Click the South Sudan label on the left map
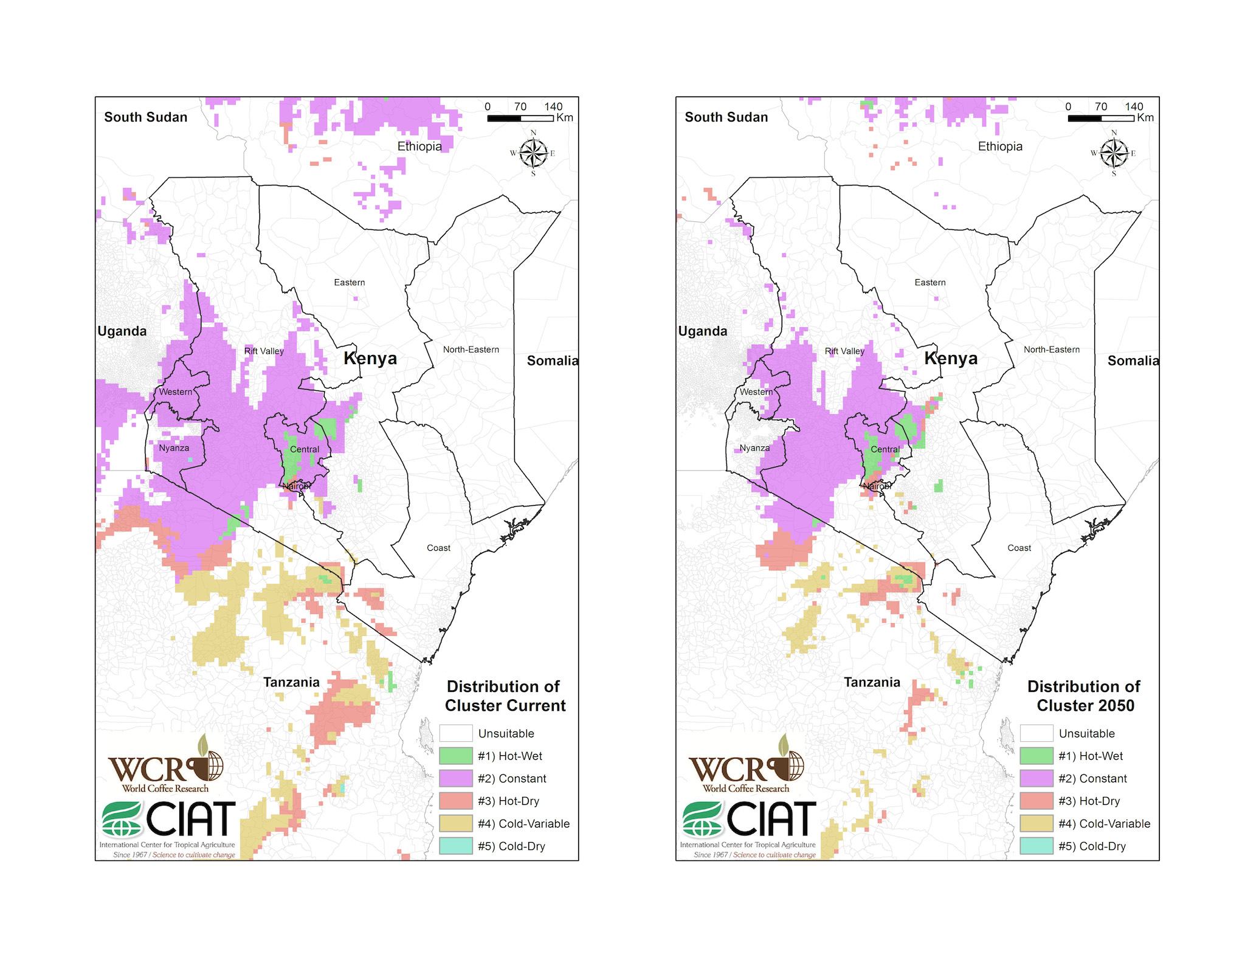(146, 117)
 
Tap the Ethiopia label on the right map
(1000, 147)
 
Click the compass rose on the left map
(533, 153)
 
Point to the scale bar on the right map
(1101, 117)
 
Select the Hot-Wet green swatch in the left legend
(456, 756)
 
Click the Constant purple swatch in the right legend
(1036, 778)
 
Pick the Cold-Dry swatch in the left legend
(456, 846)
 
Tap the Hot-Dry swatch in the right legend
(1036, 801)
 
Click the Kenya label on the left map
(370, 358)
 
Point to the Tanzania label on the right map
(872, 682)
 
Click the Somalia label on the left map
(552, 361)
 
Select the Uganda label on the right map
(703, 331)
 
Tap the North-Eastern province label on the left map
(471, 350)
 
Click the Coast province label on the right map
(1019, 548)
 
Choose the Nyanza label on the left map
(174, 448)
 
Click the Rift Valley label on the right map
(844, 351)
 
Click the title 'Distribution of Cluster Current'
(505, 696)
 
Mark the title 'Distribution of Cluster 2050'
(1085, 696)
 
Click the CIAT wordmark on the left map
(190, 819)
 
